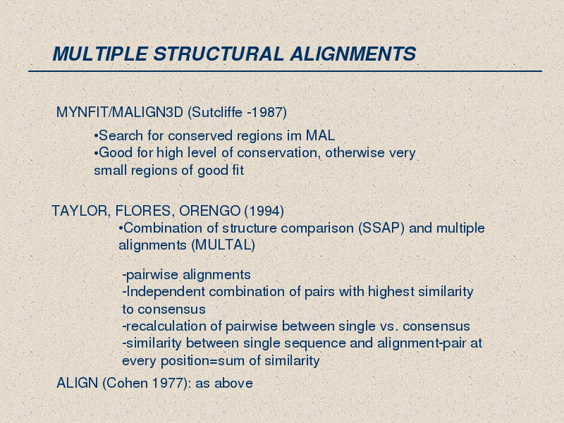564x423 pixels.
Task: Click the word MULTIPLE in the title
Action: [100, 54]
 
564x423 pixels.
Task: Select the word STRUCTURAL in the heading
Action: [219, 54]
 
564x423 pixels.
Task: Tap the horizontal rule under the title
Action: [285, 71]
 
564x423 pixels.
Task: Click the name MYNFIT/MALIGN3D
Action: [120, 112]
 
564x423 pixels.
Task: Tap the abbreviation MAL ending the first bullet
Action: [320, 135]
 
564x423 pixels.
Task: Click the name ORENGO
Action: [209, 211]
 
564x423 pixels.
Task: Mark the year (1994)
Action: [264, 211]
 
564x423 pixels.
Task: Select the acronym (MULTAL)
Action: [223, 245]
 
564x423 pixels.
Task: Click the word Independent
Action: [166, 292]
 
